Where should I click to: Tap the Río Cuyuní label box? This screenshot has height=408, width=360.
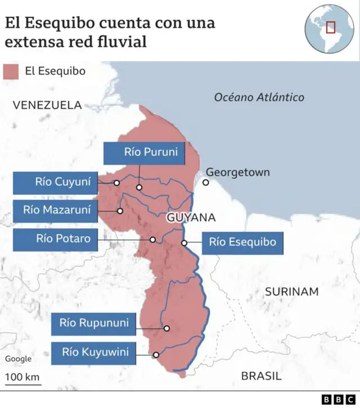click(55, 182)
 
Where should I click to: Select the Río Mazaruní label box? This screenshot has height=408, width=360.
click(55, 211)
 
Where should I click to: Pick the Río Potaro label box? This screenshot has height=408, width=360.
click(55, 239)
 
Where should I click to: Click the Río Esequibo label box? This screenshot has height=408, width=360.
click(242, 243)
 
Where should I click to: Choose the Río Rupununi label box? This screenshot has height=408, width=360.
click(94, 324)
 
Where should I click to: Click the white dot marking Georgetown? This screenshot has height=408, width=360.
click(206, 182)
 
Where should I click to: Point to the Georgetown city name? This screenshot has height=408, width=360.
click(237, 172)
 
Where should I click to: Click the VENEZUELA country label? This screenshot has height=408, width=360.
click(48, 105)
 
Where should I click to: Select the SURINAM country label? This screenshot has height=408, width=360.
click(291, 292)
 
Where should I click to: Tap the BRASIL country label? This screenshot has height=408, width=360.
click(261, 376)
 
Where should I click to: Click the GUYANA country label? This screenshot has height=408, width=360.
click(191, 217)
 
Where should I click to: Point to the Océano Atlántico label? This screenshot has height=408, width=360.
click(259, 97)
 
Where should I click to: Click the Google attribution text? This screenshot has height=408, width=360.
click(19, 359)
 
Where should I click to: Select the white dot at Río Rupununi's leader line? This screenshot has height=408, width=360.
click(166, 328)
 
